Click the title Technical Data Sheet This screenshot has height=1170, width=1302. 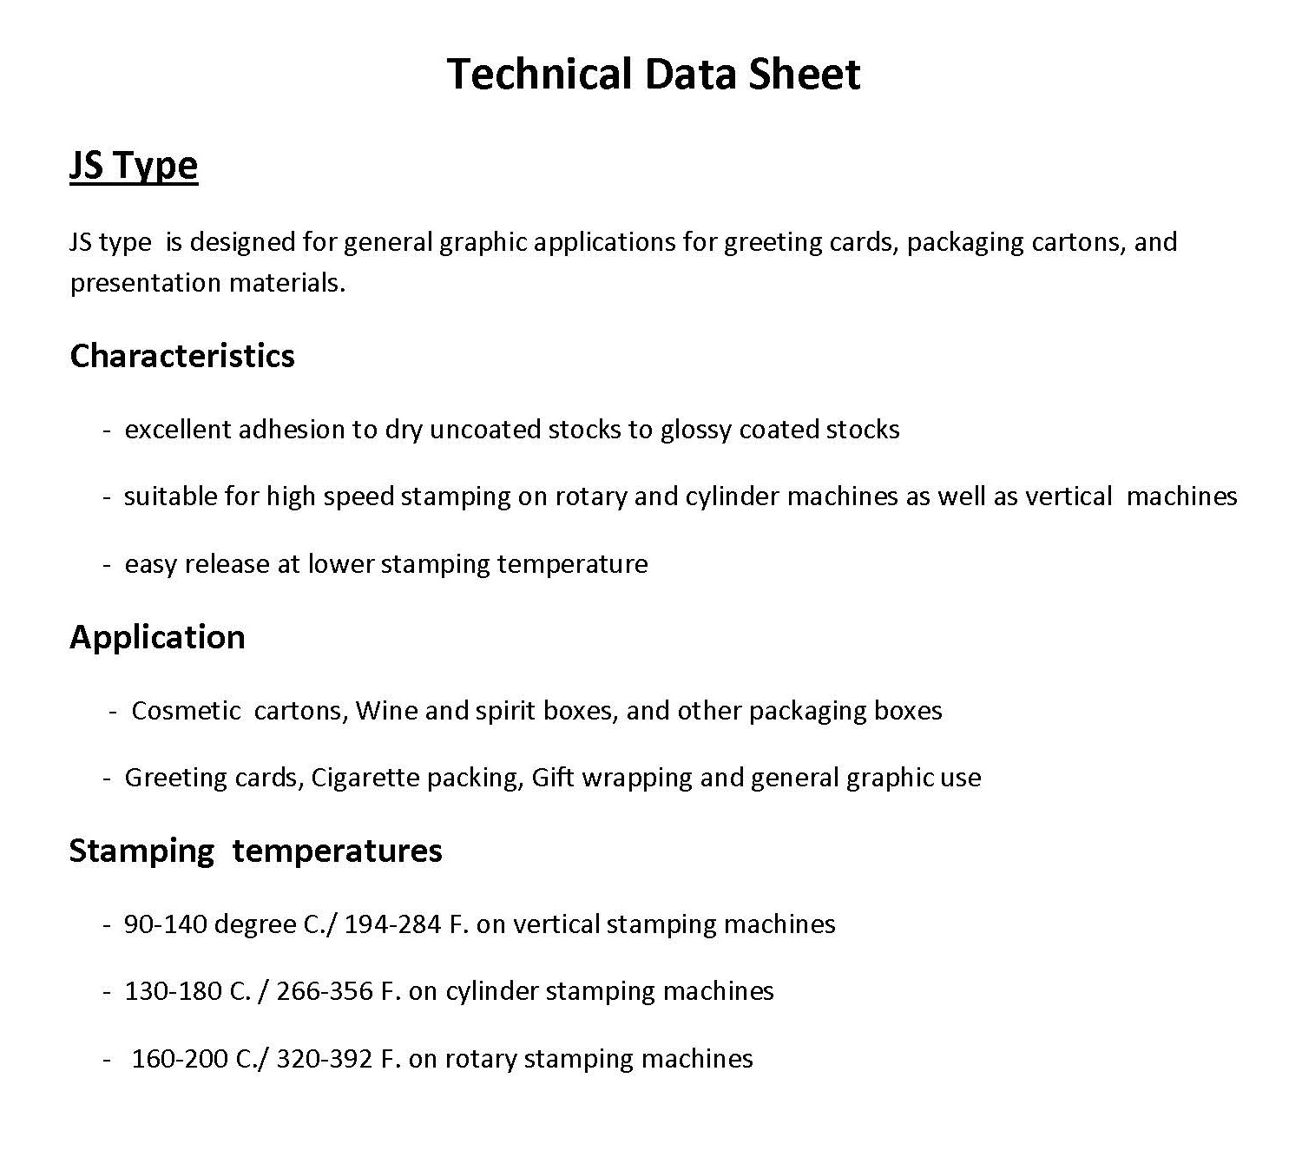pos(653,75)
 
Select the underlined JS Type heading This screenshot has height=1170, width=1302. pos(134,166)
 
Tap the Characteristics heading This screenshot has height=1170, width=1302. pos(182,356)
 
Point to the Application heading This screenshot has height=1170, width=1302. pos(157,637)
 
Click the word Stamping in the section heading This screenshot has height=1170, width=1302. pos(141,851)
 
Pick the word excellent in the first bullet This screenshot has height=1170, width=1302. pos(178,430)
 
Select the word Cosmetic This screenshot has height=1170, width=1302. pos(186,711)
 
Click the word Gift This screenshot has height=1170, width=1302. pos(553,778)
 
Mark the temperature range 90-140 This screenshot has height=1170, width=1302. pos(165,924)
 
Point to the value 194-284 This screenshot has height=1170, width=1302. pos(393,924)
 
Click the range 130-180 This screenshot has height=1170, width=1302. pos(174,991)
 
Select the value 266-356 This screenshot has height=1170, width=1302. pos(325,991)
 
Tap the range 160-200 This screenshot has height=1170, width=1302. pos(180,1059)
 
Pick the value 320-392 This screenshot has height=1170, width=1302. pos(325,1059)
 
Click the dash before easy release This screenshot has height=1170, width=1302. pos(107,565)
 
